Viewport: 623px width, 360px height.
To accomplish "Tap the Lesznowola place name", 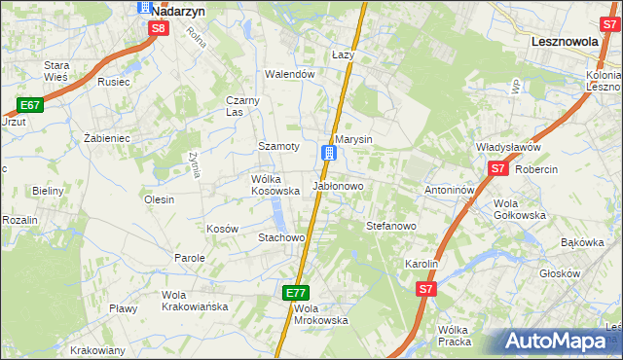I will (x=569, y=42).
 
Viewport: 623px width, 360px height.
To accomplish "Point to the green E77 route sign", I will (x=297, y=292).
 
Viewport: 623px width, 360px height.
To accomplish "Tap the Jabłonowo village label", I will (x=338, y=185).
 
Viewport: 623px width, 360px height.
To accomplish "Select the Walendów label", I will (x=290, y=74).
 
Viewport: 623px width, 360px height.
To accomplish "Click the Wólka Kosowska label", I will (x=275, y=185).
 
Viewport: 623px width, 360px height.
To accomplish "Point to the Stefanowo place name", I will (x=391, y=225).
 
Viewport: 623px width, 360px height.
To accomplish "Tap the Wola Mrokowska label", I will (x=320, y=314).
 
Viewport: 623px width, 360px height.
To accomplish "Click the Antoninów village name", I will (x=449, y=190).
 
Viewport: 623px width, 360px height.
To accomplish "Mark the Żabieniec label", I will (x=107, y=139).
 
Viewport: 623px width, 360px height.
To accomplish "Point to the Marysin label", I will (x=354, y=139).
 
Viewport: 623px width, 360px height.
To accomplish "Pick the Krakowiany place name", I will (x=98, y=350).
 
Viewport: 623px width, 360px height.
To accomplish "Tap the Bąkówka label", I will (x=583, y=242).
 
